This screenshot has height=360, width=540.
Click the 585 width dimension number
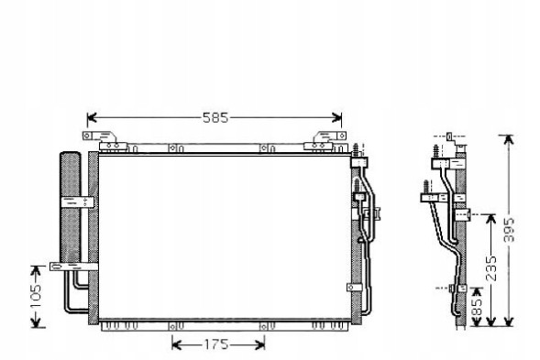tap(215, 118)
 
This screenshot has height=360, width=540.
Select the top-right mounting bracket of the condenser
tap(325, 139)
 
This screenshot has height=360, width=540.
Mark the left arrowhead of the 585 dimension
tap(91, 118)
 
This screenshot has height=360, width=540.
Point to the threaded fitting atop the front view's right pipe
tap(355, 148)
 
